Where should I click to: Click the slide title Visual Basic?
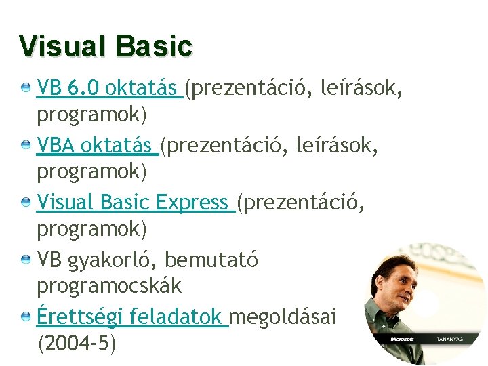[106, 46]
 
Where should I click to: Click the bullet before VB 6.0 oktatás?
[25, 88]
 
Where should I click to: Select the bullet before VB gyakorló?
[25, 260]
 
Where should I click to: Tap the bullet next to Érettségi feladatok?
[25, 317]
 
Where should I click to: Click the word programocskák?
[109, 286]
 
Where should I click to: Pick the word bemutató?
[211, 260]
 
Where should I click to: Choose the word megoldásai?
[285, 317]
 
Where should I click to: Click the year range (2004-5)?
[77, 344]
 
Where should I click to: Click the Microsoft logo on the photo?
[403, 338]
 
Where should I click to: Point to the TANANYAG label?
[449, 338]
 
